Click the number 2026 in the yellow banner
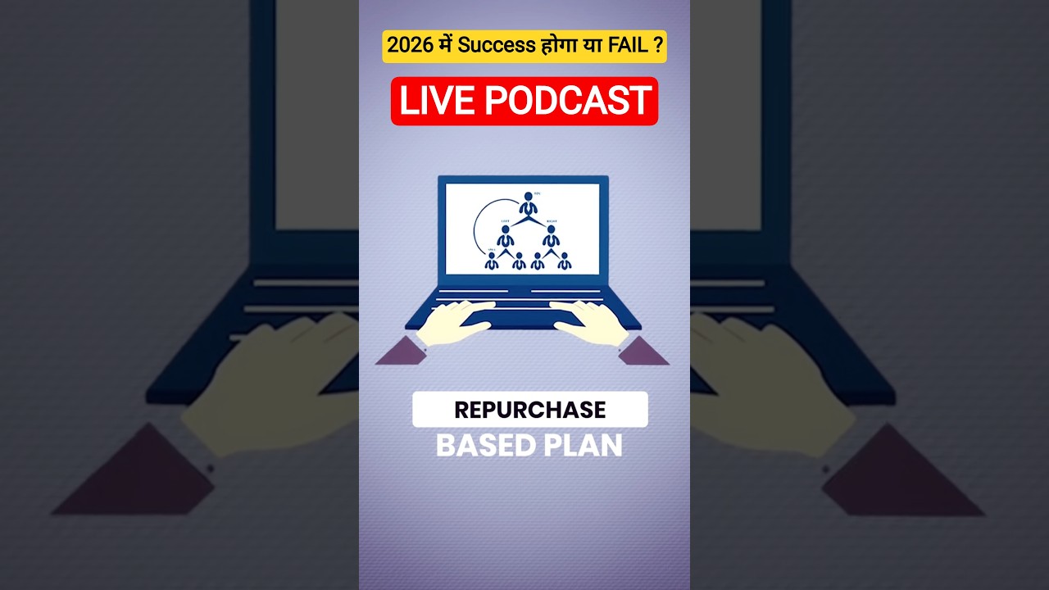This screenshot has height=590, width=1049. click(x=409, y=46)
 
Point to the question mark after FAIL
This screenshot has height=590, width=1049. click(x=658, y=46)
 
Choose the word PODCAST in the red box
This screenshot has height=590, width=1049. click(x=568, y=101)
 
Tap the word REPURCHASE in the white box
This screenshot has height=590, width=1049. click(x=529, y=410)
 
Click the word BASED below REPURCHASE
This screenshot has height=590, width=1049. click(x=483, y=446)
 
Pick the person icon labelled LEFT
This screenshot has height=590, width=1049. click(x=506, y=236)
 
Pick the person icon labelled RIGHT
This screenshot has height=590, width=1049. click(x=551, y=236)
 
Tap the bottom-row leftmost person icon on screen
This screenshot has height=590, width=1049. click(x=491, y=261)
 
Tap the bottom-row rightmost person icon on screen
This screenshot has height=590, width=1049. click(x=564, y=261)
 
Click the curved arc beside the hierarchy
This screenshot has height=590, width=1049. click(x=475, y=225)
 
